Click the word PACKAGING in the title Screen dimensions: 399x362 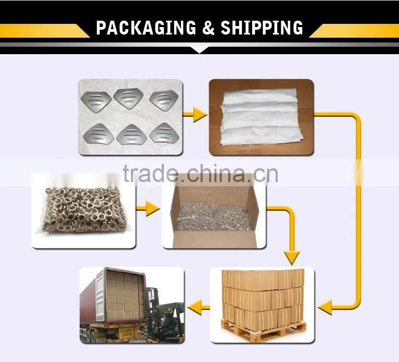click(146, 28)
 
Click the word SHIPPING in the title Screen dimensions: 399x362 click(262, 28)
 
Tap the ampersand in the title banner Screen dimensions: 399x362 click(209, 28)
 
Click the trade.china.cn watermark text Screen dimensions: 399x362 click(200, 174)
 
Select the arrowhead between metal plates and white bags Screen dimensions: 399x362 click(200, 115)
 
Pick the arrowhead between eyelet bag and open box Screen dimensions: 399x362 click(153, 209)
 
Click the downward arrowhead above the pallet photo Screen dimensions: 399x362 click(292, 257)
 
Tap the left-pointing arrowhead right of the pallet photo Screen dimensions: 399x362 click(325, 307)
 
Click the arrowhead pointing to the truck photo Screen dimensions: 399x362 click(194, 307)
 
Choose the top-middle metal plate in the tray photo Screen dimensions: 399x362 click(128, 99)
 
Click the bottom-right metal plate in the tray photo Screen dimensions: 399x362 click(164, 133)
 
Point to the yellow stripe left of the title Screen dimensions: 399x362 click(45, 30)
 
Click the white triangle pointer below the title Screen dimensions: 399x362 click(199, 50)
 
